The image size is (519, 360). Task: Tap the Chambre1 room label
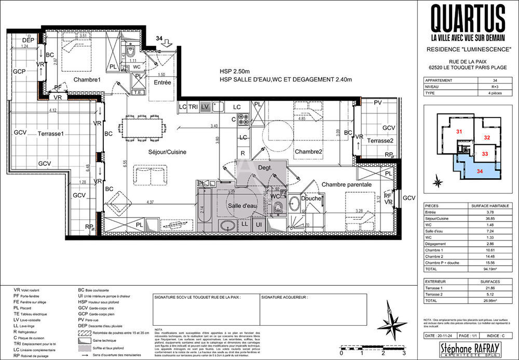[87, 79]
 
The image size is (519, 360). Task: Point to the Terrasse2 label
[383, 141]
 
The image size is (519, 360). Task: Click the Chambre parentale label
[346, 184]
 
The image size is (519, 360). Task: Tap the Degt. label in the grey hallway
[250, 168]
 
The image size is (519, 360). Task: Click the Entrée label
[162, 82]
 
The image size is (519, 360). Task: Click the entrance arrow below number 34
[166, 46]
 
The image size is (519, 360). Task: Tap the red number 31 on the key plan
[459, 132]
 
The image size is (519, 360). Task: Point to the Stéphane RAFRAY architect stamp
[468, 348]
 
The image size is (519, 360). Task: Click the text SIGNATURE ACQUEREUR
[285, 298]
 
